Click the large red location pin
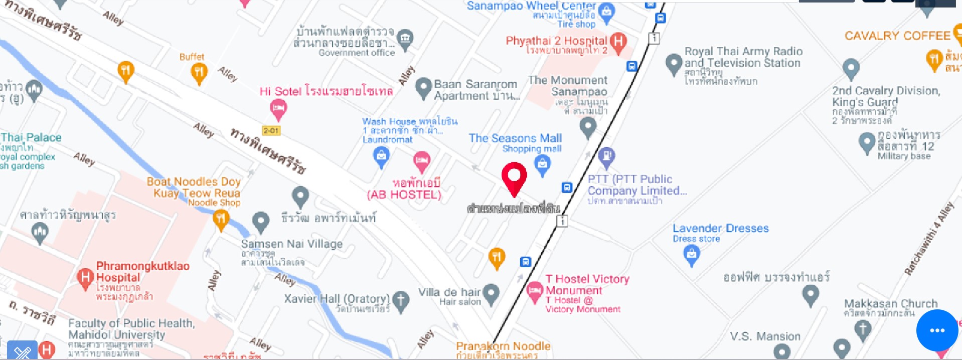click(514, 177)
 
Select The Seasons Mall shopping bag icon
click(542, 163)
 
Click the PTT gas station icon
click(606, 156)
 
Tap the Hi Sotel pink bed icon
click(278, 107)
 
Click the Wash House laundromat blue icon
click(382, 156)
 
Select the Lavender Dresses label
click(720, 228)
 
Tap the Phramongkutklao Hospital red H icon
click(85, 277)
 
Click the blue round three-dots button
click(937, 330)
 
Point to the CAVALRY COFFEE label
click(897, 36)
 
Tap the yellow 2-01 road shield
click(271, 131)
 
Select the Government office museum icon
click(405, 38)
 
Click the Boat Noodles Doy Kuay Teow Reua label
click(193, 188)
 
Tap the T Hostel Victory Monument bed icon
click(534, 290)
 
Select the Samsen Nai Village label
click(291, 244)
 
